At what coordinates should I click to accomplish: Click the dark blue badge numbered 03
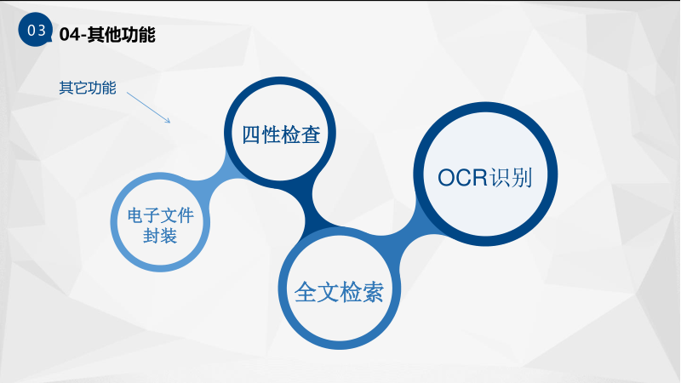pyautogui.click(x=35, y=30)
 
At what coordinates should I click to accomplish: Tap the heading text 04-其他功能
pyautogui.click(x=107, y=35)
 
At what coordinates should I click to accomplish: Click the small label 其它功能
pyautogui.click(x=88, y=88)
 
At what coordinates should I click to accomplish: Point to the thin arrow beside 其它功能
pyautogui.click(x=148, y=107)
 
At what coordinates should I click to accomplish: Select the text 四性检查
pyautogui.click(x=281, y=134)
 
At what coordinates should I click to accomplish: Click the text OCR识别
pyautogui.click(x=484, y=178)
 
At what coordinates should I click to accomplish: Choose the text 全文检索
pyautogui.click(x=339, y=292)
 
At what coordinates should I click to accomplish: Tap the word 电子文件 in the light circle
pyautogui.click(x=160, y=216)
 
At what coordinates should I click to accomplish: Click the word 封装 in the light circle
pyautogui.click(x=160, y=237)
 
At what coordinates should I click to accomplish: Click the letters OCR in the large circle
pyautogui.click(x=462, y=178)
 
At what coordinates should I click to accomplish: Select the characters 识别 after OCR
pyautogui.click(x=511, y=178)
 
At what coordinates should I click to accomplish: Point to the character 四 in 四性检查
pyautogui.click(x=251, y=134)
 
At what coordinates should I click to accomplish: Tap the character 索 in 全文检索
pyautogui.click(x=373, y=292)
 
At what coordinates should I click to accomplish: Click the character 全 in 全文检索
pyautogui.click(x=305, y=292)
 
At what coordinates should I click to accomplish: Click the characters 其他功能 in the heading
pyautogui.click(x=121, y=35)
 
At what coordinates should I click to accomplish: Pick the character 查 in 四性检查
pyautogui.click(x=311, y=134)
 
